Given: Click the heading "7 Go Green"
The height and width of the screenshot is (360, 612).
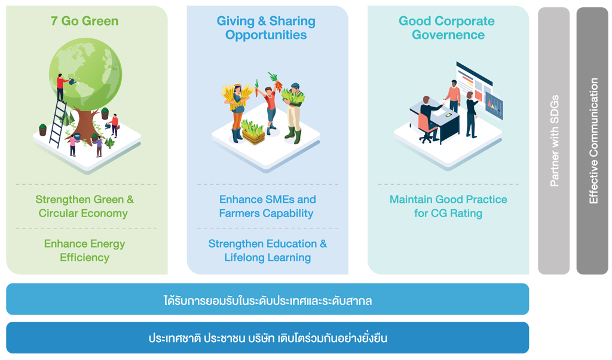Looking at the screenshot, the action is (x=84, y=21).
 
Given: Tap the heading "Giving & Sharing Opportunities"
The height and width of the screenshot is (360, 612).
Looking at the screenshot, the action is (x=266, y=28).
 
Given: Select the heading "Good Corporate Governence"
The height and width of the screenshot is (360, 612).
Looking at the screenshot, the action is (x=447, y=28).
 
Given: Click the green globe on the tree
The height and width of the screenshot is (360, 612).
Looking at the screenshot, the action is (x=85, y=74).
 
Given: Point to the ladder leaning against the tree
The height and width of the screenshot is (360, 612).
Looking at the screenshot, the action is (x=58, y=123).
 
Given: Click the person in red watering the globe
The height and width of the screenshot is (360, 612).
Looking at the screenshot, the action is (x=61, y=87).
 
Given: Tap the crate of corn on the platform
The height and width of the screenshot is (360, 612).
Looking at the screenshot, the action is (x=253, y=132).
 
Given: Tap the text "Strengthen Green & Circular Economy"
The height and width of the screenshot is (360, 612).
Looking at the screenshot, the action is (x=84, y=206).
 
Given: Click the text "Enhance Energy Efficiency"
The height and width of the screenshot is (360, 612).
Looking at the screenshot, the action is (x=84, y=251).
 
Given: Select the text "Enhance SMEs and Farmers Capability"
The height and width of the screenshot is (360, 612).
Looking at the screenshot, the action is (x=267, y=206).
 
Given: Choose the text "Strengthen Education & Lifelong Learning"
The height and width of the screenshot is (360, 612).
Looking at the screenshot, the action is (x=267, y=251).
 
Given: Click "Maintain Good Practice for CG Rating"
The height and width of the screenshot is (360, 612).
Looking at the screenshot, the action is (x=448, y=206).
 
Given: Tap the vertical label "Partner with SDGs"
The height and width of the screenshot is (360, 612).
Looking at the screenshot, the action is (x=554, y=141).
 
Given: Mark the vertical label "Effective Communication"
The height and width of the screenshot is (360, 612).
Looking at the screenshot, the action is (x=593, y=141).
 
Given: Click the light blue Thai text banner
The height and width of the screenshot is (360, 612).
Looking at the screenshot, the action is (x=267, y=299).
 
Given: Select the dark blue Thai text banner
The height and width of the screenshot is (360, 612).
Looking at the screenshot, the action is (x=267, y=338).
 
